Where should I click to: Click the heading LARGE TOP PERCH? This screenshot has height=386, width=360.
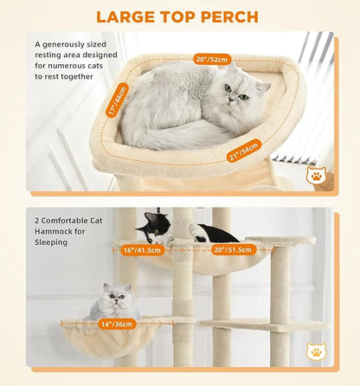[x=177, y=16]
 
